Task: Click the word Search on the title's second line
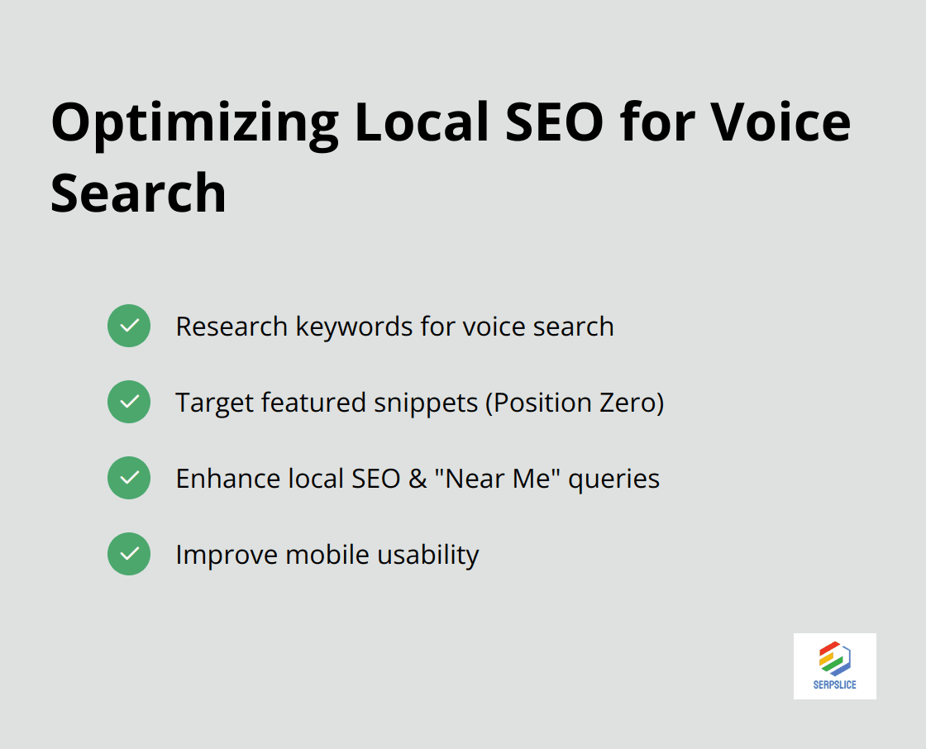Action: (138, 193)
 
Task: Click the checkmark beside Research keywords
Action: (129, 326)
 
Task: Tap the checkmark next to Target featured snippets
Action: (129, 402)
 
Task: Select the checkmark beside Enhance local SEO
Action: (129, 478)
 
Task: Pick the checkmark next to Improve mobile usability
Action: (129, 554)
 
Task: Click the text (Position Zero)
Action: (575, 403)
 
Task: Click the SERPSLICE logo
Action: (834, 666)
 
